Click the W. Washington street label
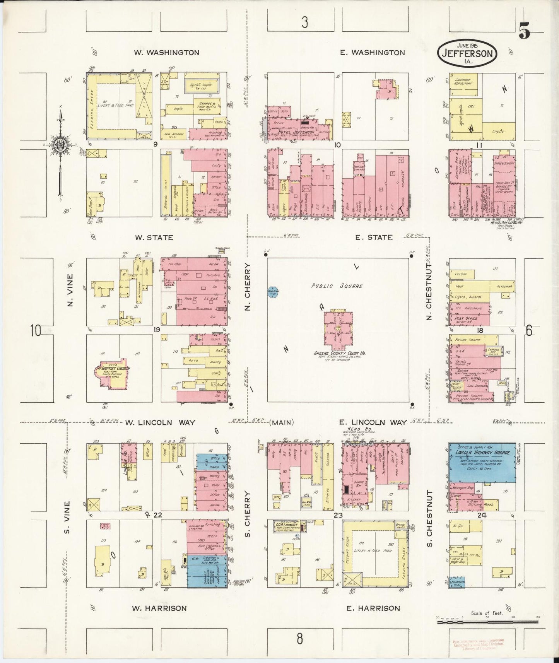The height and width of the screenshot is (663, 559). coord(166,53)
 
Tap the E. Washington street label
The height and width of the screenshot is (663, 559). coord(372,53)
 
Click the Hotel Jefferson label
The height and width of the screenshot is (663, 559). coord(296,132)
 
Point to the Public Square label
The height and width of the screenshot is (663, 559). coord(338,286)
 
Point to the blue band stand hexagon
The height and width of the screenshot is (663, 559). coord(273,291)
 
